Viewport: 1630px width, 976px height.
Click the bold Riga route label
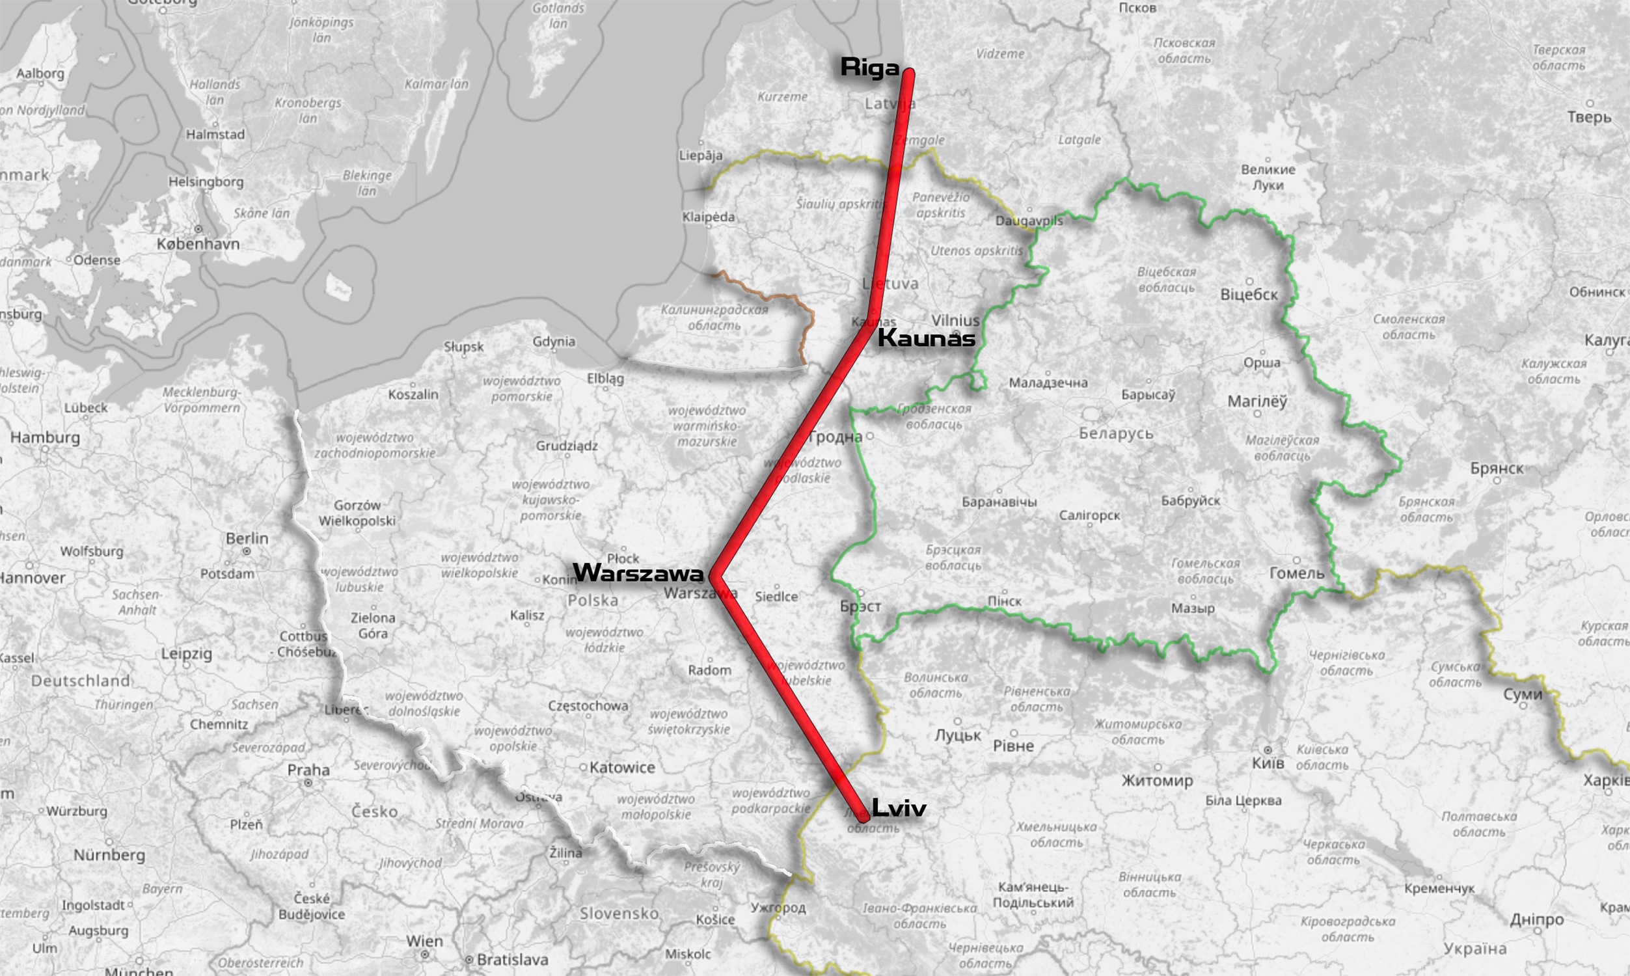(x=869, y=67)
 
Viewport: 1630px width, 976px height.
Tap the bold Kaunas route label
(x=927, y=338)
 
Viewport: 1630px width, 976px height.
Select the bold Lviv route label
(x=898, y=807)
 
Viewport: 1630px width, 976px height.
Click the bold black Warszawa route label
(x=638, y=573)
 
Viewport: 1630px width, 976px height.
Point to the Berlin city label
(x=247, y=538)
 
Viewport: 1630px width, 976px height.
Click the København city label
(x=198, y=243)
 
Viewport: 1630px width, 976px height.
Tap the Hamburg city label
(x=45, y=437)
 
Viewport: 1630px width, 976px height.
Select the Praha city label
(x=308, y=770)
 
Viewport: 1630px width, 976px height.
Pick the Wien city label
(x=424, y=941)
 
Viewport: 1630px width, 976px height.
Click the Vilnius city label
(x=955, y=320)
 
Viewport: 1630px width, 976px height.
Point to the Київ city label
(x=1268, y=763)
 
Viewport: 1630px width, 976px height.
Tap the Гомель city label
(x=1297, y=573)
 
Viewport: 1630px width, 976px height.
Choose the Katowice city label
(x=622, y=768)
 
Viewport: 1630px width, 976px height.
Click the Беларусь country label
(x=1116, y=433)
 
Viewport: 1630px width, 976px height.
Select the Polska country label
(x=592, y=601)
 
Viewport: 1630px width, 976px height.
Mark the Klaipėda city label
(x=708, y=217)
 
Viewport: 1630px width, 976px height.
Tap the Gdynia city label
(x=554, y=342)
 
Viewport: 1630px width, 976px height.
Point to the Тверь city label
(x=1589, y=117)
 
